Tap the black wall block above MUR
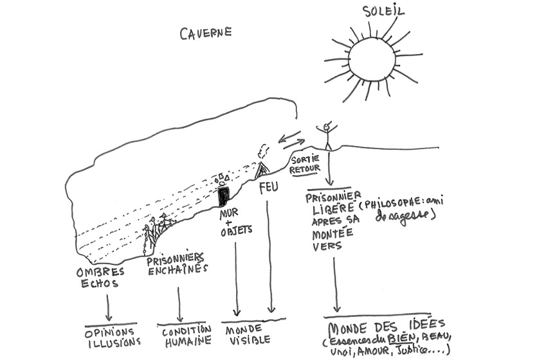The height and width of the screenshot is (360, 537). (x=223, y=195)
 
